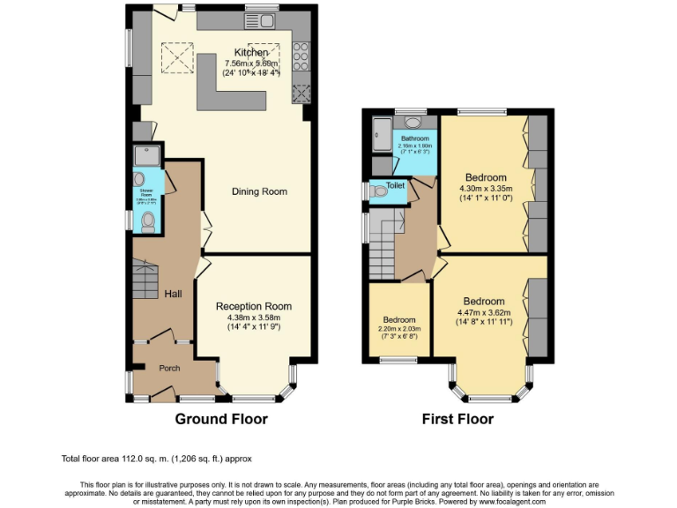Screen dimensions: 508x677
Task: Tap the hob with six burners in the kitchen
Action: tap(301, 56)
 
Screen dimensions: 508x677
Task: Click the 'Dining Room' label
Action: tap(259, 191)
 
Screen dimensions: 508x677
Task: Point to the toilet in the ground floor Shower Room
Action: tap(148, 220)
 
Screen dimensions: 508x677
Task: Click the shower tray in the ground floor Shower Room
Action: tap(146, 157)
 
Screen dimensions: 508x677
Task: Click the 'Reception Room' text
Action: tap(254, 306)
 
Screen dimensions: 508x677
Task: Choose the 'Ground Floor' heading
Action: tap(221, 419)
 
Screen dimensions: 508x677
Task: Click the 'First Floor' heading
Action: tap(458, 419)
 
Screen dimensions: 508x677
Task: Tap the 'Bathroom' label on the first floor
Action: tap(415, 139)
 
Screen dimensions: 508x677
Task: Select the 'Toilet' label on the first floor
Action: tap(395, 186)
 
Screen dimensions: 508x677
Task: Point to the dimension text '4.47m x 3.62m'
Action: tap(484, 312)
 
